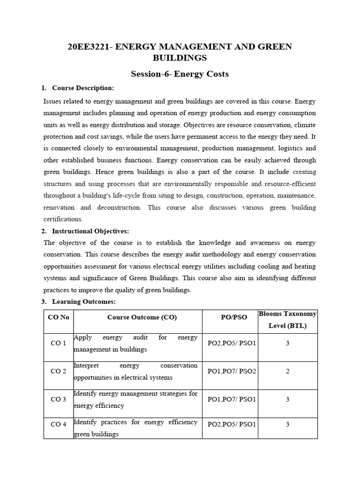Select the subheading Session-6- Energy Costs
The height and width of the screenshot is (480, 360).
180,74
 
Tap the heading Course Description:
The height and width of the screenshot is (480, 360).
83,88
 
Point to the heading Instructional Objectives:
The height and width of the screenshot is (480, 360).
90,231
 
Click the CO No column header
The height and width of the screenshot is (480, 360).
59,317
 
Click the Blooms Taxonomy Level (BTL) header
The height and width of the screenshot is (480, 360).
287,320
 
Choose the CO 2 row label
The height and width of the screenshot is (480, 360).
59,371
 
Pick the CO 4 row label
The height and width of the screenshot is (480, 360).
59,425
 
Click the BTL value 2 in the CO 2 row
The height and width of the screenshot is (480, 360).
287,371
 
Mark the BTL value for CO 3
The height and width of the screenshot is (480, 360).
287,399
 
